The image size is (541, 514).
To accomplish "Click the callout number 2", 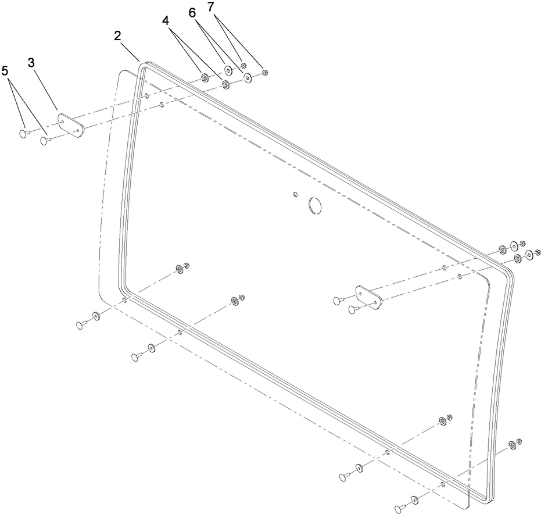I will coord(117,36).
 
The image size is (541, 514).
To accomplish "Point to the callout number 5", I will coord(5,71).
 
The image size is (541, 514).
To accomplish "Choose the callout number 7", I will coord(210,7).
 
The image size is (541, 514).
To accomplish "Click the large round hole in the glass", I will coord(315,205).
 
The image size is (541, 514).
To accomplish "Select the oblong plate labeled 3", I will coord(70,124).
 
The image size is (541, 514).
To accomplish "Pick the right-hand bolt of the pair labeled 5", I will coord(45,140).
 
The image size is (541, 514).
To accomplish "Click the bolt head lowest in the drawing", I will coord(399,509).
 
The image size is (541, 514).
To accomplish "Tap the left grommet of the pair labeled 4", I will coord(205,77).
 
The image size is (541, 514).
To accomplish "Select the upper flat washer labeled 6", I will coord(228,71).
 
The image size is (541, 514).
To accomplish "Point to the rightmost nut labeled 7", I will coord(265,73).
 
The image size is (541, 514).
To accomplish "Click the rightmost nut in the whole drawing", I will coord(538,252).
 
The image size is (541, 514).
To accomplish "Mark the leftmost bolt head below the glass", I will coord(81,324).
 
